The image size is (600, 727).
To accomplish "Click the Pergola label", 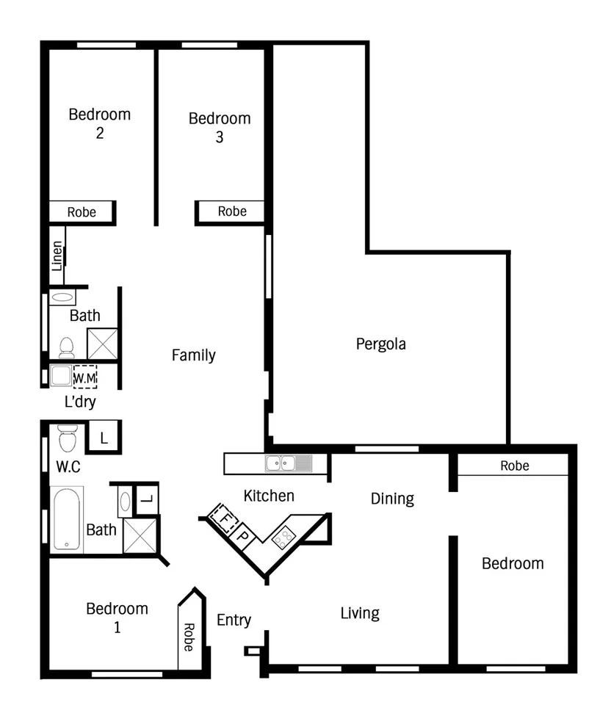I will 380,344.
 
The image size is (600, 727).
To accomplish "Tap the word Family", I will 193,355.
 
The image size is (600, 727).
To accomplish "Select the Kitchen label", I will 269,496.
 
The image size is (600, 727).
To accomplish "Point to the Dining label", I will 391,499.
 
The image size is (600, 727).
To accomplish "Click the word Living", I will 359,612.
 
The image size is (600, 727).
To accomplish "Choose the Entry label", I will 234,620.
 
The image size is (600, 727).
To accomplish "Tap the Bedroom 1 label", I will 117,617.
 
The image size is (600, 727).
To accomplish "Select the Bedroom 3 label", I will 219,127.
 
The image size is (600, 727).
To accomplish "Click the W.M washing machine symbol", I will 84,376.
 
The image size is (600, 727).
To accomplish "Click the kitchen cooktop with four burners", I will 283,538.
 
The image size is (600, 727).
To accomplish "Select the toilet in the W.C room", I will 67,438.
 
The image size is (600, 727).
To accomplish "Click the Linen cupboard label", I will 57,256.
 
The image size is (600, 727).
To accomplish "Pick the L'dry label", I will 80,402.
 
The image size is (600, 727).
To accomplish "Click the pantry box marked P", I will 242,535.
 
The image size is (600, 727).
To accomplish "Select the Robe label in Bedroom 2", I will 82,212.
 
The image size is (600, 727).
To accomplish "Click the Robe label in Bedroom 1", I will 188,637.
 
